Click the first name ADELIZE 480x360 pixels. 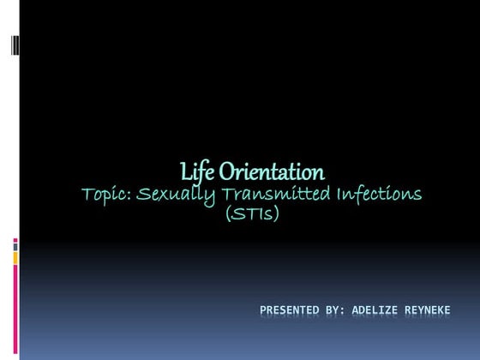pyautogui.click(x=383, y=308)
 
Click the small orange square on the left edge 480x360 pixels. pyautogui.click(x=15, y=258)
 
